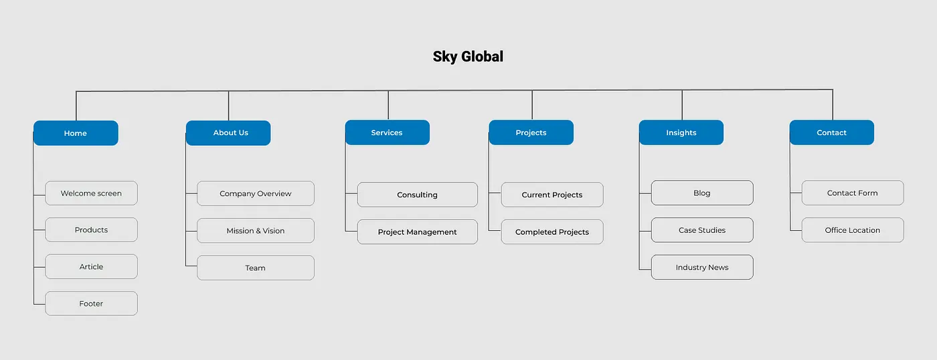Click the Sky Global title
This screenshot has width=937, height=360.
pos(468,57)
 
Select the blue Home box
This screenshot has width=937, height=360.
pos(76,133)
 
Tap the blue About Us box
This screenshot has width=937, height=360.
pos(228,133)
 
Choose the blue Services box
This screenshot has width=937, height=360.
pos(388,132)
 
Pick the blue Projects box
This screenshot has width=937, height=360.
pos(531,132)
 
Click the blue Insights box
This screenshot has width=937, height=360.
pos(681,132)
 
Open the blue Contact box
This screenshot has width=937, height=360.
pos(832,132)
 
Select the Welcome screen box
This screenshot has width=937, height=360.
pos(92,193)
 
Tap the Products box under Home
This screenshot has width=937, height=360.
pos(92,230)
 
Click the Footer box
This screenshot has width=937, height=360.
pos(92,304)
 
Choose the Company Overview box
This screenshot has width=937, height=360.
pos(256,193)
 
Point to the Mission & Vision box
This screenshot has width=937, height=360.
pos(256,231)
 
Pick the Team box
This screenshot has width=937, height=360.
pos(256,268)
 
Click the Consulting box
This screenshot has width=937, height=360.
pos(418,195)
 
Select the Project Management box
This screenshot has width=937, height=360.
pos(418,232)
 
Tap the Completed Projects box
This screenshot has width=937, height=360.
pos(552,232)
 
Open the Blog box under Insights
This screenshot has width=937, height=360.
pos(702,193)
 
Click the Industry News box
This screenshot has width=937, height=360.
pos(702,267)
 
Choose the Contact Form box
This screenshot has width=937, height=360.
pos(853,193)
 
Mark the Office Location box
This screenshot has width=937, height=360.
pos(853,230)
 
